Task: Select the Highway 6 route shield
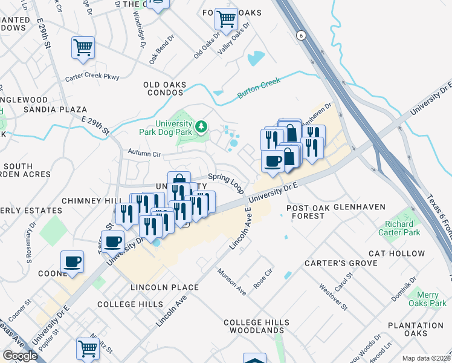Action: click(x=300, y=36)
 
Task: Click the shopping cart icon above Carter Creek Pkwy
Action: click(x=83, y=47)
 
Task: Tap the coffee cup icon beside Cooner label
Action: click(x=72, y=262)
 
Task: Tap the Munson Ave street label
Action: click(x=232, y=282)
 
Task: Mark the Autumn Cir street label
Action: click(x=143, y=154)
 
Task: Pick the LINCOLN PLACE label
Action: click(x=163, y=287)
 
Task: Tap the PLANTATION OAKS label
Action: click(x=416, y=329)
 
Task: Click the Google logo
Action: click(x=21, y=356)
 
